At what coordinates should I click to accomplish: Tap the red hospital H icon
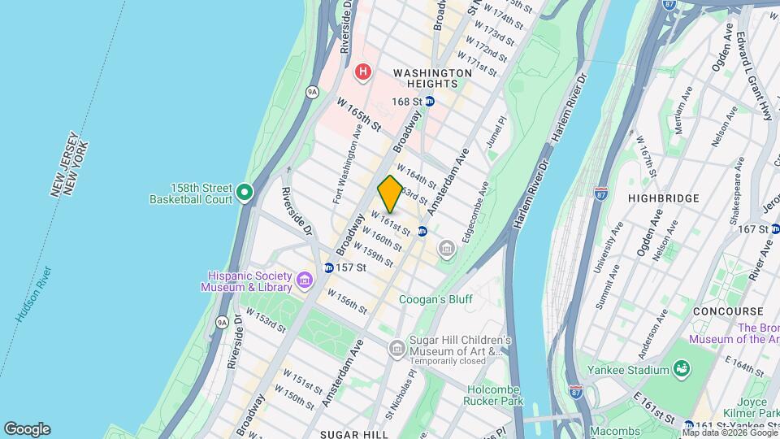click(x=362, y=72)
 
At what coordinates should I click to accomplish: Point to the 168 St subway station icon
click(x=430, y=102)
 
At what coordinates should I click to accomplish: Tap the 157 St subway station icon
click(x=328, y=267)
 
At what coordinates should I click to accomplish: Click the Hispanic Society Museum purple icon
click(x=305, y=280)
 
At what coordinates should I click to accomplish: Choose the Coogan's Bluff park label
click(x=435, y=299)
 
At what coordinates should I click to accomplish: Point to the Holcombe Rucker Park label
click(x=494, y=393)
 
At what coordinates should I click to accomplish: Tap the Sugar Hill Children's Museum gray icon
click(x=397, y=350)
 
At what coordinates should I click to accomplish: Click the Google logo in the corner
click(x=27, y=429)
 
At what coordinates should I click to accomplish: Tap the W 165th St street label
click(x=358, y=114)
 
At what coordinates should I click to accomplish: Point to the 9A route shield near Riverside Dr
click(x=312, y=92)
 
